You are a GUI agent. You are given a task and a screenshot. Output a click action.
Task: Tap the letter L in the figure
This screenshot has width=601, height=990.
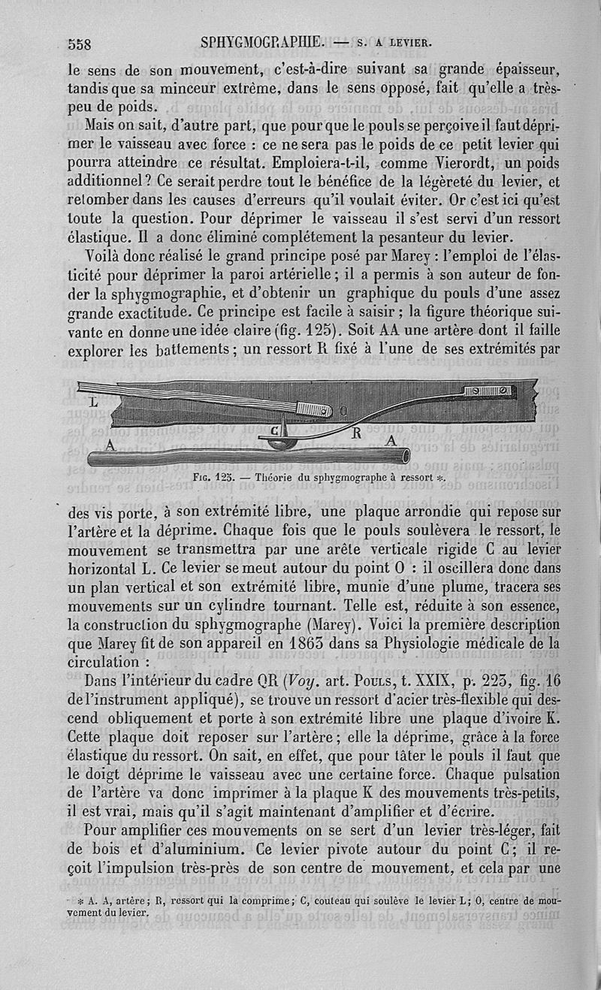coord(94,403)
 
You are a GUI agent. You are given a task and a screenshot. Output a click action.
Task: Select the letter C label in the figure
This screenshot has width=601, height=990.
coord(273,431)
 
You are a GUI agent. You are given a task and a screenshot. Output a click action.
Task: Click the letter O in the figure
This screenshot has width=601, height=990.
coord(343,410)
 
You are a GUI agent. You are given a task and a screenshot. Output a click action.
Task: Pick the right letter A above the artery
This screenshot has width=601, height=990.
coord(391,442)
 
